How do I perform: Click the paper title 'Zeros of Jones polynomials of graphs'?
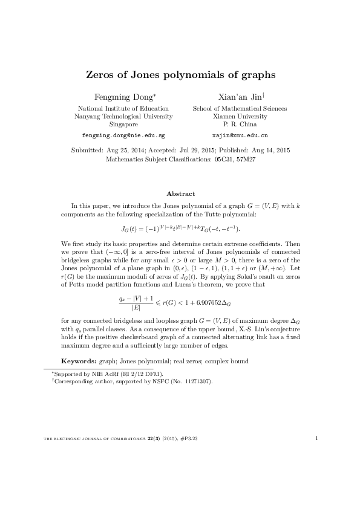(179, 76)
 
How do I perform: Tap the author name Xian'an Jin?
(240, 97)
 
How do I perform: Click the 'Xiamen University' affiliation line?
(240, 116)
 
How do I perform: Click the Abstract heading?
(180, 193)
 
